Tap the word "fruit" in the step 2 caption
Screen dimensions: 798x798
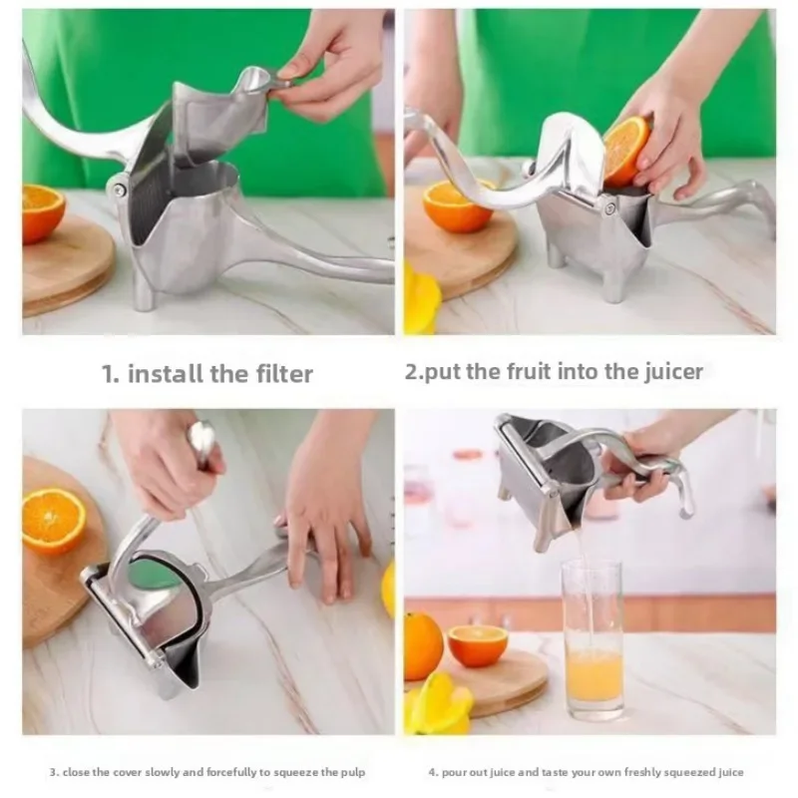pyautogui.click(x=520, y=372)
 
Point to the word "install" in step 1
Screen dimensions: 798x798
pyautogui.click(x=168, y=374)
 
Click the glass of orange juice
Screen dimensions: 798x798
pyautogui.click(x=593, y=638)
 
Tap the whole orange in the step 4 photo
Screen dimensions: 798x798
pyautogui.click(x=423, y=645)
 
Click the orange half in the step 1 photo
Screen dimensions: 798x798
pyautogui.click(x=42, y=212)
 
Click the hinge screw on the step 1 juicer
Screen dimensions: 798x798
pyautogui.click(x=119, y=190)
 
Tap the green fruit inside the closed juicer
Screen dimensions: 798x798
pyautogui.click(x=155, y=577)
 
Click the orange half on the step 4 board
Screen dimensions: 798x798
pyautogui.click(x=477, y=645)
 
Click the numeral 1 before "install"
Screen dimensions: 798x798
pyautogui.click(x=108, y=374)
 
